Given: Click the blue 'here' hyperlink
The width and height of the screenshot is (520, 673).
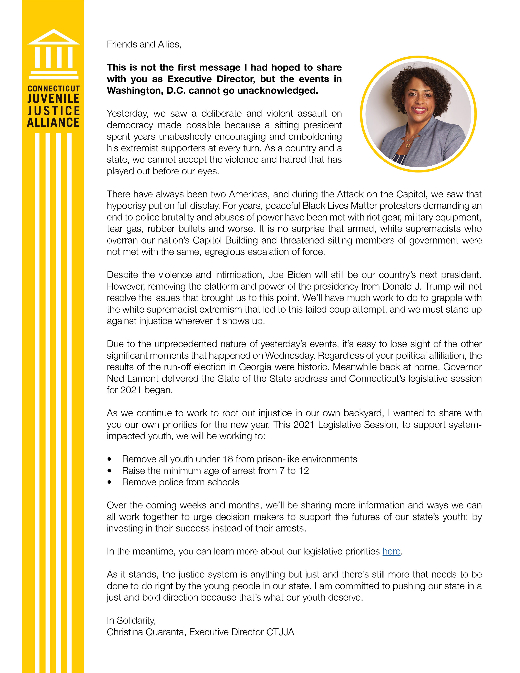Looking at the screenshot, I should pyautogui.click(x=391, y=551).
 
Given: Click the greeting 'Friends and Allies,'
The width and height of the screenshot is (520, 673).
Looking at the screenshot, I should pyautogui.click(x=144, y=44).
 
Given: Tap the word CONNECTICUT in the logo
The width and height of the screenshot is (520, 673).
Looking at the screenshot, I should pyautogui.click(x=54, y=89).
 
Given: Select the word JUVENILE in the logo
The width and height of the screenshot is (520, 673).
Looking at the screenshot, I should pyautogui.click(x=54, y=99).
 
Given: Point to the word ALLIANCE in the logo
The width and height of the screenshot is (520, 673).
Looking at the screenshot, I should pyautogui.click(x=54, y=123).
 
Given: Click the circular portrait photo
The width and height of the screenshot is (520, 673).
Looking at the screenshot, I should pyautogui.click(x=418, y=114).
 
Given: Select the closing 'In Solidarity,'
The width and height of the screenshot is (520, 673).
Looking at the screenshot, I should pyautogui.click(x=131, y=620).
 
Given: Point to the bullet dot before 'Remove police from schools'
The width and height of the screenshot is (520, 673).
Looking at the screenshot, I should pyautogui.click(x=109, y=482).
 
